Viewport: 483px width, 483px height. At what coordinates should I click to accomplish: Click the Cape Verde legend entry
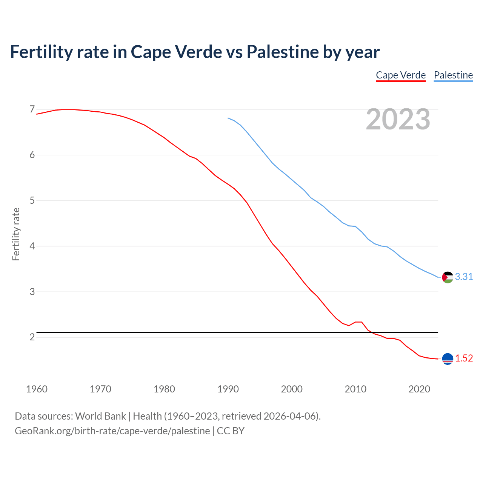[401, 75]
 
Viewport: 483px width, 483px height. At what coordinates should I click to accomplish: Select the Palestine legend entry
[453, 75]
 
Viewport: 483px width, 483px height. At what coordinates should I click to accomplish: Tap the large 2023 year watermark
[398, 119]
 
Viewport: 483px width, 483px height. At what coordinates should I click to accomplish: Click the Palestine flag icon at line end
[448, 277]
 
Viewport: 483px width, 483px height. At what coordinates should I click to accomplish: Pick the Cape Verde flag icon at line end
[448, 359]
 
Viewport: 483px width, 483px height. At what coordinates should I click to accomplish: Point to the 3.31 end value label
[464, 277]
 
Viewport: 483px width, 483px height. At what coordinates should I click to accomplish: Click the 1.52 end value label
[464, 358]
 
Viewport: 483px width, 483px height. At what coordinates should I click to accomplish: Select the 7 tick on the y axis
[32, 109]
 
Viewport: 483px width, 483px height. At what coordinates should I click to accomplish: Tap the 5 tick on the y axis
[32, 200]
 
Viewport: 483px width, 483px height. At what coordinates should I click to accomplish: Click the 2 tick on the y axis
[32, 337]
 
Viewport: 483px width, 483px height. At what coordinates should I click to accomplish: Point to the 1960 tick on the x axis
[37, 389]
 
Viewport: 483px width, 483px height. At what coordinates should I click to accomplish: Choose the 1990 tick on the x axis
[228, 389]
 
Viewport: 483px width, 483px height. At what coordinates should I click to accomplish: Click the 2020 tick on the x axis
[419, 389]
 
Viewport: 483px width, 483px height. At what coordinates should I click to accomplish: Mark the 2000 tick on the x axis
[292, 389]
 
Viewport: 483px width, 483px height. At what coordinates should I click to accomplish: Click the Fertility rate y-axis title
[16, 234]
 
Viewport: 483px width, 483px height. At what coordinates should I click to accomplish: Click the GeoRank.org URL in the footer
[112, 431]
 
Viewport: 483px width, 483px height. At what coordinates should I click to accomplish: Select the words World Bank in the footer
[100, 416]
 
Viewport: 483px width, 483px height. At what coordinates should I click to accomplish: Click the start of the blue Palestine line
[228, 118]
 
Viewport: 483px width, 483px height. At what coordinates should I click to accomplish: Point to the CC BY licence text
[231, 431]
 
